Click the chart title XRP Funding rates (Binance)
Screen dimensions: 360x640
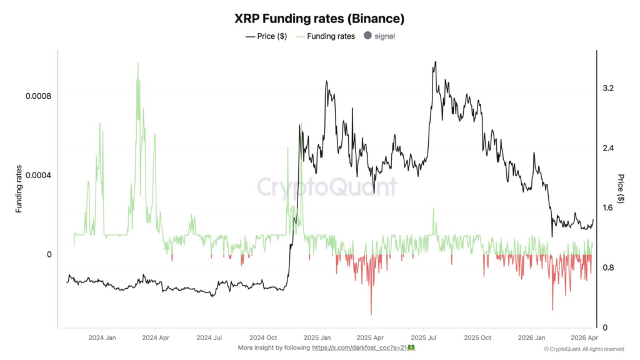tap(319, 19)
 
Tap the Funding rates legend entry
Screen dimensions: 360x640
tap(326, 36)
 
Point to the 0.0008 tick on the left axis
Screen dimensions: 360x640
tap(38, 96)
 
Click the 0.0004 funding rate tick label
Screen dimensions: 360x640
tap(38, 175)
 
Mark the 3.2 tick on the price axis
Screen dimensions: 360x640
tap(608, 88)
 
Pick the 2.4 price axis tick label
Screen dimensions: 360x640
tap(608, 148)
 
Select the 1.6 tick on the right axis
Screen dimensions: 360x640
tap(608, 208)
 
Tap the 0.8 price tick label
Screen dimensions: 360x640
tap(608, 268)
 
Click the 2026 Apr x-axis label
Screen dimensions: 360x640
tap(582, 337)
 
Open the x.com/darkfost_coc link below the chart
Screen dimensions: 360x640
tap(359, 347)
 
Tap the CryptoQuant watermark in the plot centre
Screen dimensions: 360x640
tap(327, 187)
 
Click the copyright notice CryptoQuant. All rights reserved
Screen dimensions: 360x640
tap(584, 349)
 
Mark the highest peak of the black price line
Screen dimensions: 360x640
tap(435, 62)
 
